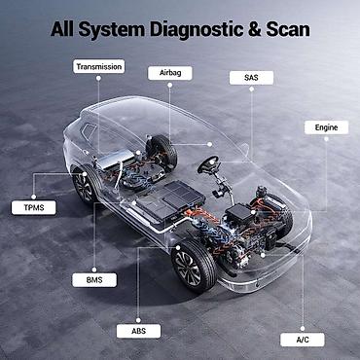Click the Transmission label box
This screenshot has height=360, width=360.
[97, 66]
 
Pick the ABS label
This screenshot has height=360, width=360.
[136, 330]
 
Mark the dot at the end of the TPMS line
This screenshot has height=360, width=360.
[82, 176]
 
